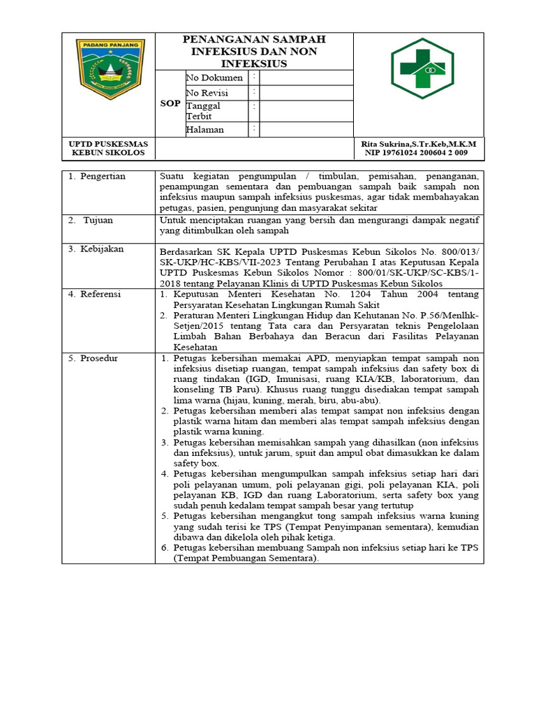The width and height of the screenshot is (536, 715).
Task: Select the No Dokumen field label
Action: tap(214, 78)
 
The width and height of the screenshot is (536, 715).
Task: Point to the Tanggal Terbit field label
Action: tap(203, 111)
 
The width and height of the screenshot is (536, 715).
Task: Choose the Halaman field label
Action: tap(205, 129)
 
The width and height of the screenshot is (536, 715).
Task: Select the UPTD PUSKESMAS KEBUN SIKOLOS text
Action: tap(107, 147)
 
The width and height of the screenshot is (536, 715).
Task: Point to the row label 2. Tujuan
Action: tap(93, 220)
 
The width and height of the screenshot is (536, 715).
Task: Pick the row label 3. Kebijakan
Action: tap(96, 249)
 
